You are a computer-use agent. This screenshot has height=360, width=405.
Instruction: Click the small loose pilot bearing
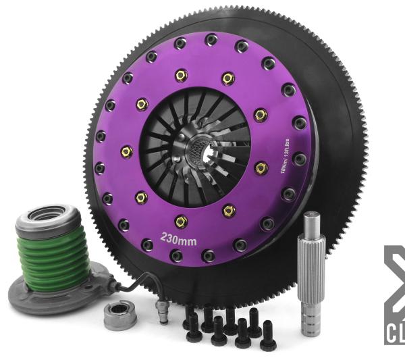[x=121, y=313]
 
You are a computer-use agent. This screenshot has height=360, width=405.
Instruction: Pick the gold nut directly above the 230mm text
[x=180, y=220]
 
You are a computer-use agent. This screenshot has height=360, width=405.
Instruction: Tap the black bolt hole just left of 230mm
[x=148, y=242]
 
